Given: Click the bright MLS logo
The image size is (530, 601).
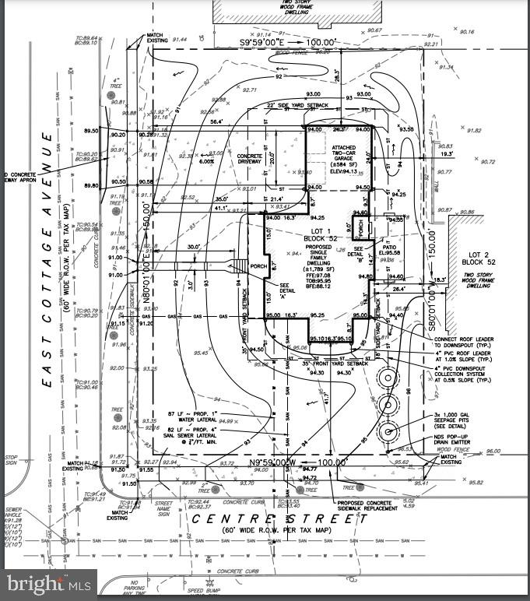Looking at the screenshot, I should [48, 582].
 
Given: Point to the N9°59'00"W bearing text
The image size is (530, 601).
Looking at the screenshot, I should [274, 462].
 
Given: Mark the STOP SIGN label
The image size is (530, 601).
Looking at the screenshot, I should [10, 461].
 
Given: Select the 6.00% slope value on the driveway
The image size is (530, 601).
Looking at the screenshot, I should [207, 161].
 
